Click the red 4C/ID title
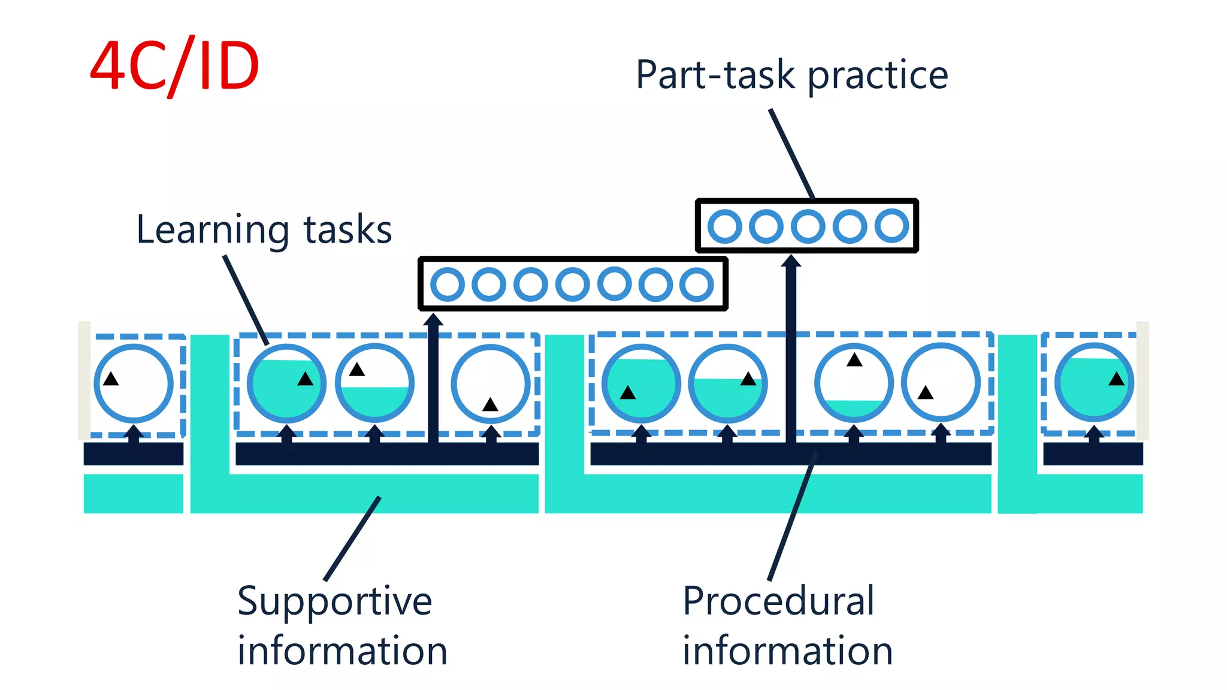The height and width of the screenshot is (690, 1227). pos(174,66)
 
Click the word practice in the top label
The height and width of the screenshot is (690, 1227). pos(878,76)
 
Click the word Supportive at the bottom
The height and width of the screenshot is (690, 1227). pos(334,601)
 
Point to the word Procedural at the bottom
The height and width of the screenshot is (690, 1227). pos(778,601)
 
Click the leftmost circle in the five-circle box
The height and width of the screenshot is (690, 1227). pos(724,226)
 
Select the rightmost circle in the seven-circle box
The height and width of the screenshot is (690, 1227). pos(696,285)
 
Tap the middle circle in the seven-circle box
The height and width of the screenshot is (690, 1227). pos(572,285)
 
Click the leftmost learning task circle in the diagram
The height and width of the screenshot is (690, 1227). pos(134,383)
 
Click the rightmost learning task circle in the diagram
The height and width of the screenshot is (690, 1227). pos(1093,383)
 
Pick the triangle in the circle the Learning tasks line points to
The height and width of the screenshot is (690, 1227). pos(305,379)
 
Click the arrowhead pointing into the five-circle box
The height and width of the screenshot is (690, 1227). pos(791,261)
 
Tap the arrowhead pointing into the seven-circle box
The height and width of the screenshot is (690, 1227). pos(433,319)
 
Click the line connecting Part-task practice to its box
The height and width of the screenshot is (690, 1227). pos(792,153)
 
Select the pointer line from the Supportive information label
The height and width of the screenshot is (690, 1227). pos(352,538)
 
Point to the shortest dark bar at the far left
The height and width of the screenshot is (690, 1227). pos(133,454)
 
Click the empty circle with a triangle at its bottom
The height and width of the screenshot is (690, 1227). pos(490,383)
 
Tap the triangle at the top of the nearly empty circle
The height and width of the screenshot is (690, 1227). pos(854,360)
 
